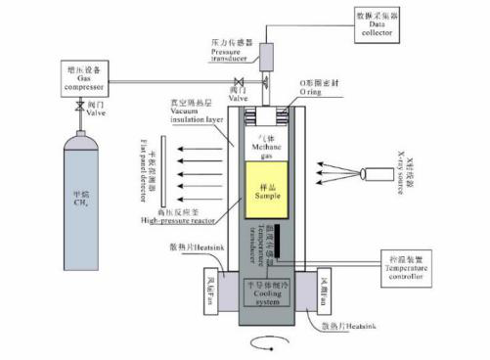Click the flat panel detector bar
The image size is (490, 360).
(x=162, y=171)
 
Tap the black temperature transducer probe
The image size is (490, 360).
(x=277, y=241)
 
